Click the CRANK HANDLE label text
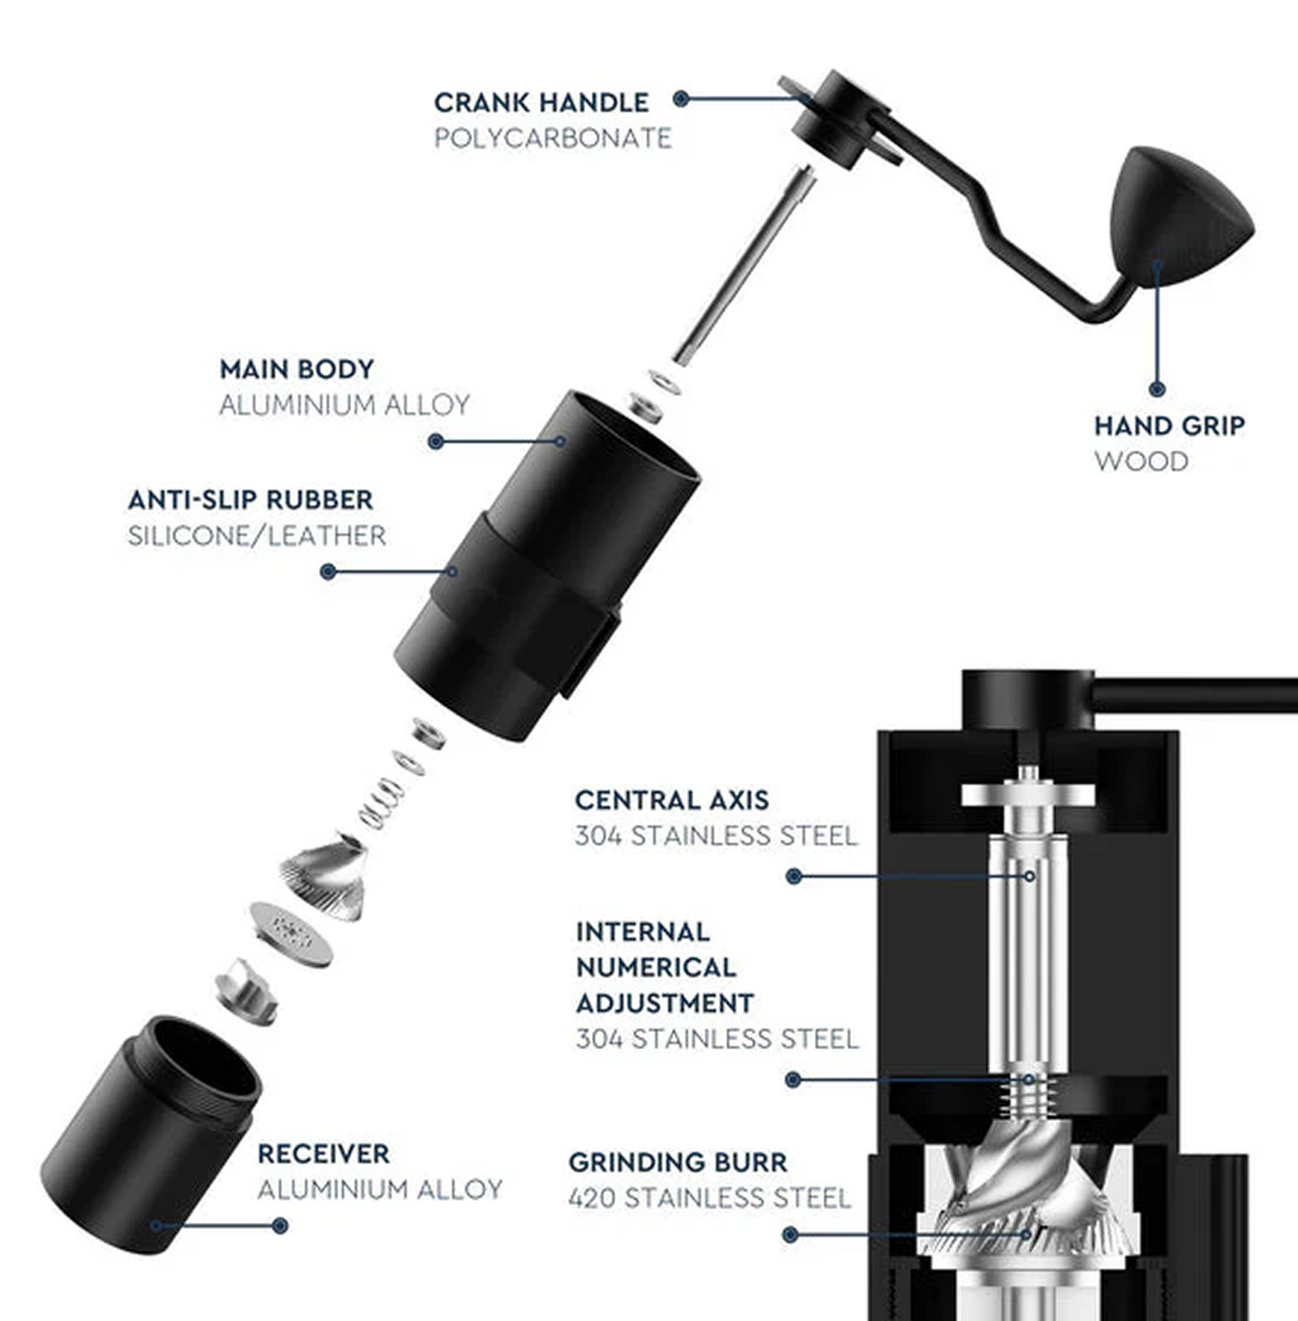[541, 102]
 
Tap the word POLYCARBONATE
[552, 138]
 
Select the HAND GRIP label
[1169, 426]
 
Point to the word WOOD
[1141, 462]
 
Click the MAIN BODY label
[296, 369]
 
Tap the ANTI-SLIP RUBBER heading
[250, 499]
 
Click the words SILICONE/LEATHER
[256, 536]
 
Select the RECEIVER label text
[323, 1154]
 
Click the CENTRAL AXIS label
[671, 800]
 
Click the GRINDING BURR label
[677, 1162]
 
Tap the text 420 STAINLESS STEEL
[709, 1198]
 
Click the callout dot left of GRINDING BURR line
[790, 1235]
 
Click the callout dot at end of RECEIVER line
[280, 1225]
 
